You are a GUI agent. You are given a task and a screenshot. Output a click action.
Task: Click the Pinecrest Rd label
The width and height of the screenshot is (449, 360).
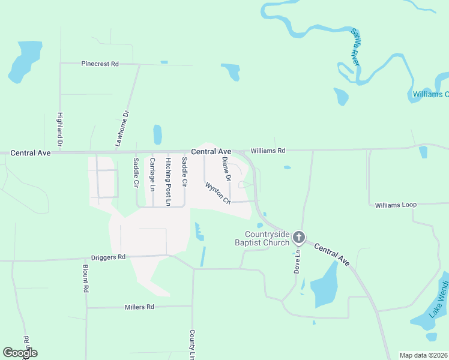[100, 63]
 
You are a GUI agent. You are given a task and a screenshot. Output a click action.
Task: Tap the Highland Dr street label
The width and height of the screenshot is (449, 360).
[60, 130]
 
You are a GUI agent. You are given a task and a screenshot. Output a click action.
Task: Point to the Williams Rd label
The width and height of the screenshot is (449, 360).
[268, 151]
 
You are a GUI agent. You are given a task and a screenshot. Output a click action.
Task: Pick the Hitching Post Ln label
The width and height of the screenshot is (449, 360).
[169, 182]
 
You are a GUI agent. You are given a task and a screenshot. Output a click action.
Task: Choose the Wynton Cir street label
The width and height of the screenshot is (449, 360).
[218, 193]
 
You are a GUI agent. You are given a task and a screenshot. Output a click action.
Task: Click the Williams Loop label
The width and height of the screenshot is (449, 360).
[396, 205]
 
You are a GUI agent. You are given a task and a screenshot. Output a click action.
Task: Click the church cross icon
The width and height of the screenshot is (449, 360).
[298, 239]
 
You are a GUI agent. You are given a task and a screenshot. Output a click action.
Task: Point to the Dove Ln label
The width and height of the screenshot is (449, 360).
[297, 262]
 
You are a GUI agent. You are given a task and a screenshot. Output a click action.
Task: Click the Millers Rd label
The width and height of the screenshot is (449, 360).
[139, 307]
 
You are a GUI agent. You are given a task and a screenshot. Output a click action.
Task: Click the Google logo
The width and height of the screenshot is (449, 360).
[20, 353]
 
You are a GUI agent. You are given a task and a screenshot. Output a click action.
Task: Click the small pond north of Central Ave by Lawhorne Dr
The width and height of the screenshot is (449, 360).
[157, 135]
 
